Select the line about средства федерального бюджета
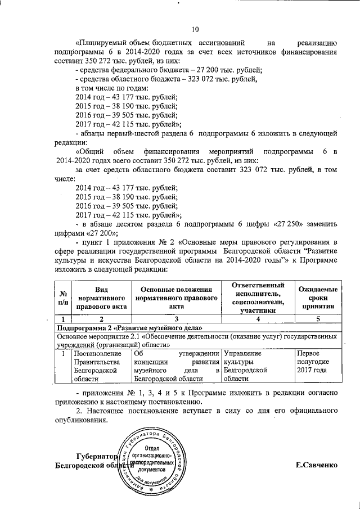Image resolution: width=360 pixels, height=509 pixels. [169, 70]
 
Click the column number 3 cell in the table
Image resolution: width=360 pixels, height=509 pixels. [176, 319]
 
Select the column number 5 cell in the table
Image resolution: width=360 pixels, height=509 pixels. [317, 319]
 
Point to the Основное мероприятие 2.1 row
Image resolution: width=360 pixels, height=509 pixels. [197, 340]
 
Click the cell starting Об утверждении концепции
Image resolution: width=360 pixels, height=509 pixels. [176, 367]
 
